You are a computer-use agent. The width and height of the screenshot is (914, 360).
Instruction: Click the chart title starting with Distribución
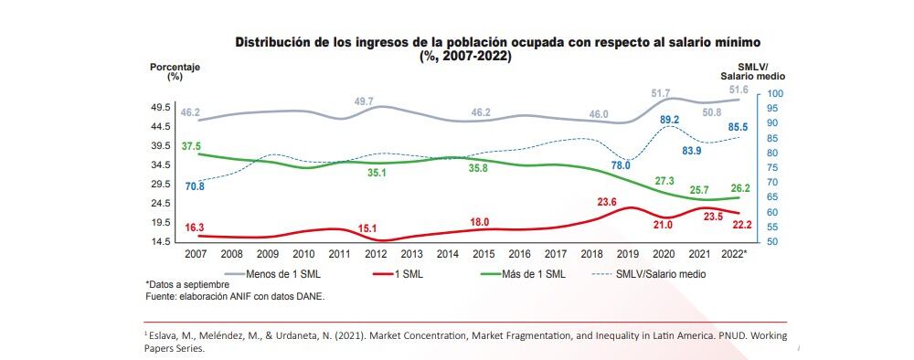tap(498, 43)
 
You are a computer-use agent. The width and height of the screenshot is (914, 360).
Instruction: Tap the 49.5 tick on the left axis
tap(163, 107)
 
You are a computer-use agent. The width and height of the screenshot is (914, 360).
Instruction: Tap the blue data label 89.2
tap(669, 120)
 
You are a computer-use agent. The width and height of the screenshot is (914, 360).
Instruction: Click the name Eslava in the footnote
tap(165, 335)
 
